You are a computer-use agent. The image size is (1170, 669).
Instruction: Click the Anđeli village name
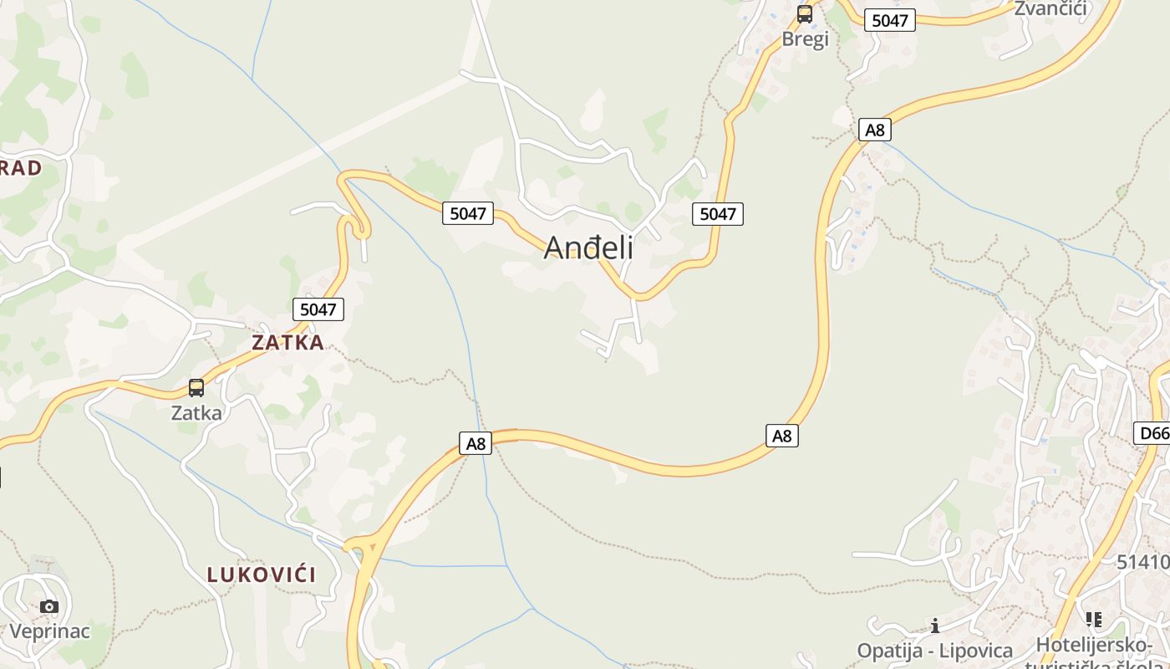(588, 248)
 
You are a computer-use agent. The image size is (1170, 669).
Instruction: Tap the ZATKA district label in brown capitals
(287, 342)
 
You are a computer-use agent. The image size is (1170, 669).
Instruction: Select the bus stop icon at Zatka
(196, 388)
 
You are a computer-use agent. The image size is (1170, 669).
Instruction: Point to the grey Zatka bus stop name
(196, 412)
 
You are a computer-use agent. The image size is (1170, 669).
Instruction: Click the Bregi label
(805, 38)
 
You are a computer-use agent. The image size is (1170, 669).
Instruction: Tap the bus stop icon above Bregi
(805, 14)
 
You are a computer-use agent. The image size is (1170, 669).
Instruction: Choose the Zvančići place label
(1050, 8)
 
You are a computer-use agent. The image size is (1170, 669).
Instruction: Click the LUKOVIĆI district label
(262, 575)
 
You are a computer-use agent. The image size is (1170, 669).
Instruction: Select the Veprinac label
(49, 631)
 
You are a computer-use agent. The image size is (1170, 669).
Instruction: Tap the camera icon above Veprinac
(49, 606)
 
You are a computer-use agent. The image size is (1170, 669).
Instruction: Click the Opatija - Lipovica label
(934, 650)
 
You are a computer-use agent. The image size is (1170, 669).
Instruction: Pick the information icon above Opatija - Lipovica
(934, 626)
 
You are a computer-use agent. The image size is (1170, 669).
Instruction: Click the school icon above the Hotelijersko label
(1093, 620)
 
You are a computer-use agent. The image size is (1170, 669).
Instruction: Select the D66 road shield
(1153, 432)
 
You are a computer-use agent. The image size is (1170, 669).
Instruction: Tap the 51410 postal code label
(1142, 561)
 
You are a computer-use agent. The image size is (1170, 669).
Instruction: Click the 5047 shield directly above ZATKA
(318, 309)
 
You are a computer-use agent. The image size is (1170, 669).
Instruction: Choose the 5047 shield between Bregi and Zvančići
(889, 20)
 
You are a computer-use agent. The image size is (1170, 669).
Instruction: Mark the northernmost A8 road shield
(874, 130)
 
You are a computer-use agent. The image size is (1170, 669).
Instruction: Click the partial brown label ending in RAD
(20, 168)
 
